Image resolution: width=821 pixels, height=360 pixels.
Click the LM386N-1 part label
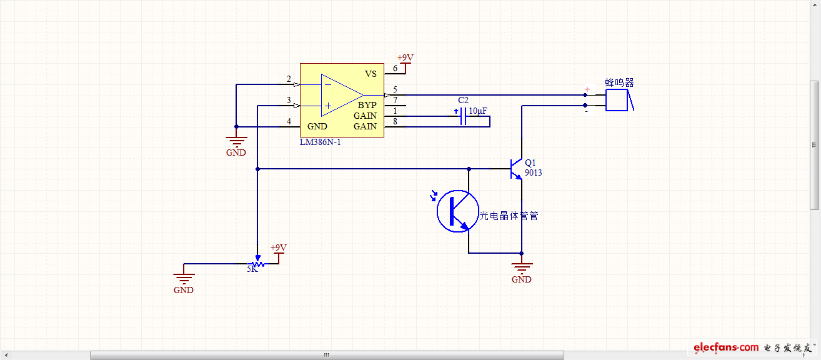click(321, 142)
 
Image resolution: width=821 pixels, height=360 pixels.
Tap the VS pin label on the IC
click(371, 74)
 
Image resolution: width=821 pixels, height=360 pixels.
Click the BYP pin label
click(367, 106)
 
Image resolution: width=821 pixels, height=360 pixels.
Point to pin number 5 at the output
click(395, 89)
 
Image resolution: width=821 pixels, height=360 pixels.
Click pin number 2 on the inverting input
click(289, 79)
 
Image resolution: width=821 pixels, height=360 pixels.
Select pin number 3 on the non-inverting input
click(289, 100)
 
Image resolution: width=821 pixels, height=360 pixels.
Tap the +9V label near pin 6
click(405, 57)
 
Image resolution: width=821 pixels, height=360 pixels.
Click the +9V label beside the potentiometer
click(278, 247)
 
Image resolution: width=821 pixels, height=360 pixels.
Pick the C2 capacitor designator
click(463, 100)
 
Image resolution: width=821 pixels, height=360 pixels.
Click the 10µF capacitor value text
click(478, 111)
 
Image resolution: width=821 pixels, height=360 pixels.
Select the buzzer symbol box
click(617, 100)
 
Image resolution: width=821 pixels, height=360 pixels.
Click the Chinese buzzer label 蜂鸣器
click(619, 82)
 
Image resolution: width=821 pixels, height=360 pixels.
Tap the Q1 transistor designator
click(530, 162)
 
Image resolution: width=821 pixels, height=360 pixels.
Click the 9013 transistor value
click(533, 172)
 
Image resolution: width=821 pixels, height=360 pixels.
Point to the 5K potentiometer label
click(252, 269)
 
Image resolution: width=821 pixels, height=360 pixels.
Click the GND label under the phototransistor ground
click(522, 279)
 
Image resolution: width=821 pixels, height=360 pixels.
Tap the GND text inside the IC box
click(317, 126)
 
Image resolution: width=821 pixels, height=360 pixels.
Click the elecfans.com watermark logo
click(725, 347)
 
